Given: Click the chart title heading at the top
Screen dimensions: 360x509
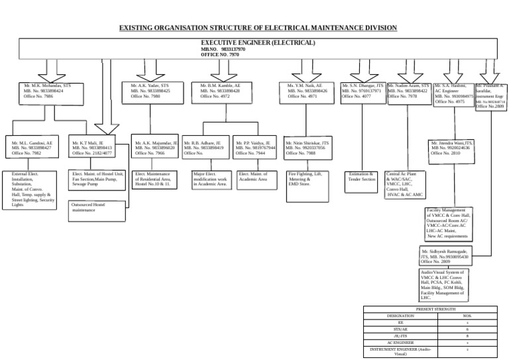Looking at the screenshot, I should (x=258, y=28).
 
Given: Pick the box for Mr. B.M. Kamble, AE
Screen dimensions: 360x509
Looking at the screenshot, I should (x=225, y=92).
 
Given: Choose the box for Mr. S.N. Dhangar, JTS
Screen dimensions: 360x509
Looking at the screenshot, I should (x=362, y=92).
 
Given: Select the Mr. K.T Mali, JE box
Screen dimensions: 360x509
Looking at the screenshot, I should (x=95, y=148).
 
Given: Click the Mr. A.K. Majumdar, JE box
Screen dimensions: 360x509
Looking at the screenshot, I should (x=155, y=148).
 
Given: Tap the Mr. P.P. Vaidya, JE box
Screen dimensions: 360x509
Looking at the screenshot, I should (x=255, y=148).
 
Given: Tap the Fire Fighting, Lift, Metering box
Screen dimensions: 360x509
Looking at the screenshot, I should (x=305, y=179).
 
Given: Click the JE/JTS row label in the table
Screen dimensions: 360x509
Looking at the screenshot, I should (x=396, y=336).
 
